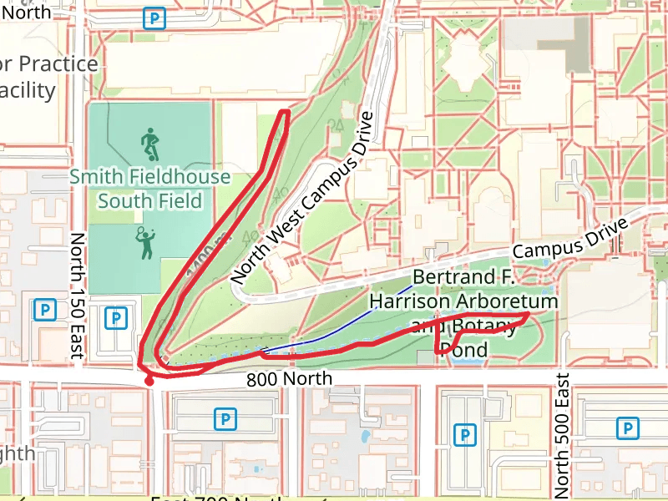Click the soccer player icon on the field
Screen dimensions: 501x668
[x=149, y=144]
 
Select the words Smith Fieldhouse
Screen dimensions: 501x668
[x=149, y=177]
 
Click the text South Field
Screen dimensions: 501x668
[x=149, y=201]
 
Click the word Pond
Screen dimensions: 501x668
[x=463, y=350]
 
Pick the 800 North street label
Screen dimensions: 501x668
[x=289, y=379]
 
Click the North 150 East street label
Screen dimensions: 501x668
[x=77, y=296]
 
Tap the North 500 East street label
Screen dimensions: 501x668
[x=561, y=433]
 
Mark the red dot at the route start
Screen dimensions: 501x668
[x=149, y=382]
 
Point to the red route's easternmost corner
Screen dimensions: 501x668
[x=529, y=314]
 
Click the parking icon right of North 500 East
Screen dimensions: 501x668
[x=626, y=428]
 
